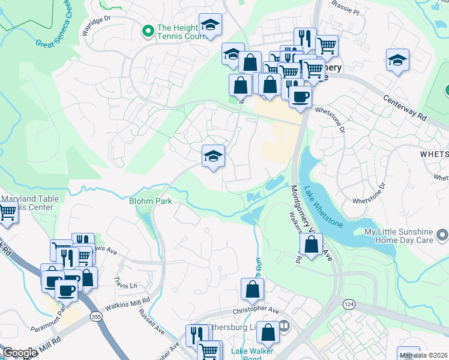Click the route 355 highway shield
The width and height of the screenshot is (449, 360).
click(x=95, y=317)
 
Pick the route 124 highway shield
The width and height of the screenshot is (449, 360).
click(x=349, y=305)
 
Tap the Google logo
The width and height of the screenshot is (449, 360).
click(x=20, y=353)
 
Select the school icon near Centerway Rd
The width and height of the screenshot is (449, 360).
click(x=397, y=61)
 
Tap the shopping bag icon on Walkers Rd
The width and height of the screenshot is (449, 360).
click(x=311, y=245)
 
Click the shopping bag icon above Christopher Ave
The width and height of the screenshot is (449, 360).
click(x=253, y=290)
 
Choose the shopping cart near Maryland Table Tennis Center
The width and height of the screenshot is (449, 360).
click(x=7, y=213)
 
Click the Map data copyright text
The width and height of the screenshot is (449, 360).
click(x=424, y=355)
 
